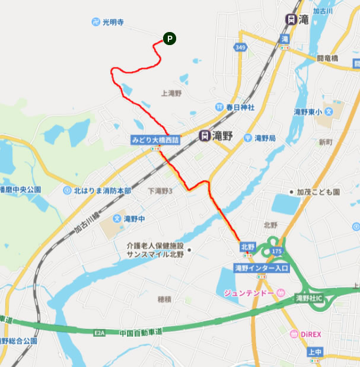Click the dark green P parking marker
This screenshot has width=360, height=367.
[x=169, y=39]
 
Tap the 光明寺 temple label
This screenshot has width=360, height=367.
[x=112, y=23]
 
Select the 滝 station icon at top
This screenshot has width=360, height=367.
[x=291, y=19]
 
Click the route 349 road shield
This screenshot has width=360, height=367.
[x=240, y=47]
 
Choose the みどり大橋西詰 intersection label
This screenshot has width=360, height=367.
[x=155, y=140]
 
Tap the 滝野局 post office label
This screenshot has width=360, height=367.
[x=265, y=138]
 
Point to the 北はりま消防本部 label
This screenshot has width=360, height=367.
[x=103, y=191]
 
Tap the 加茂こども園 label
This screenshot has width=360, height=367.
[x=318, y=193]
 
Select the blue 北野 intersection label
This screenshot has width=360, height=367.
[x=247, y=246]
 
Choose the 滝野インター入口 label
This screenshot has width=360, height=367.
[x=262, y=269]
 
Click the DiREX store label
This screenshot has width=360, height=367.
[x=309, y=334]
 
